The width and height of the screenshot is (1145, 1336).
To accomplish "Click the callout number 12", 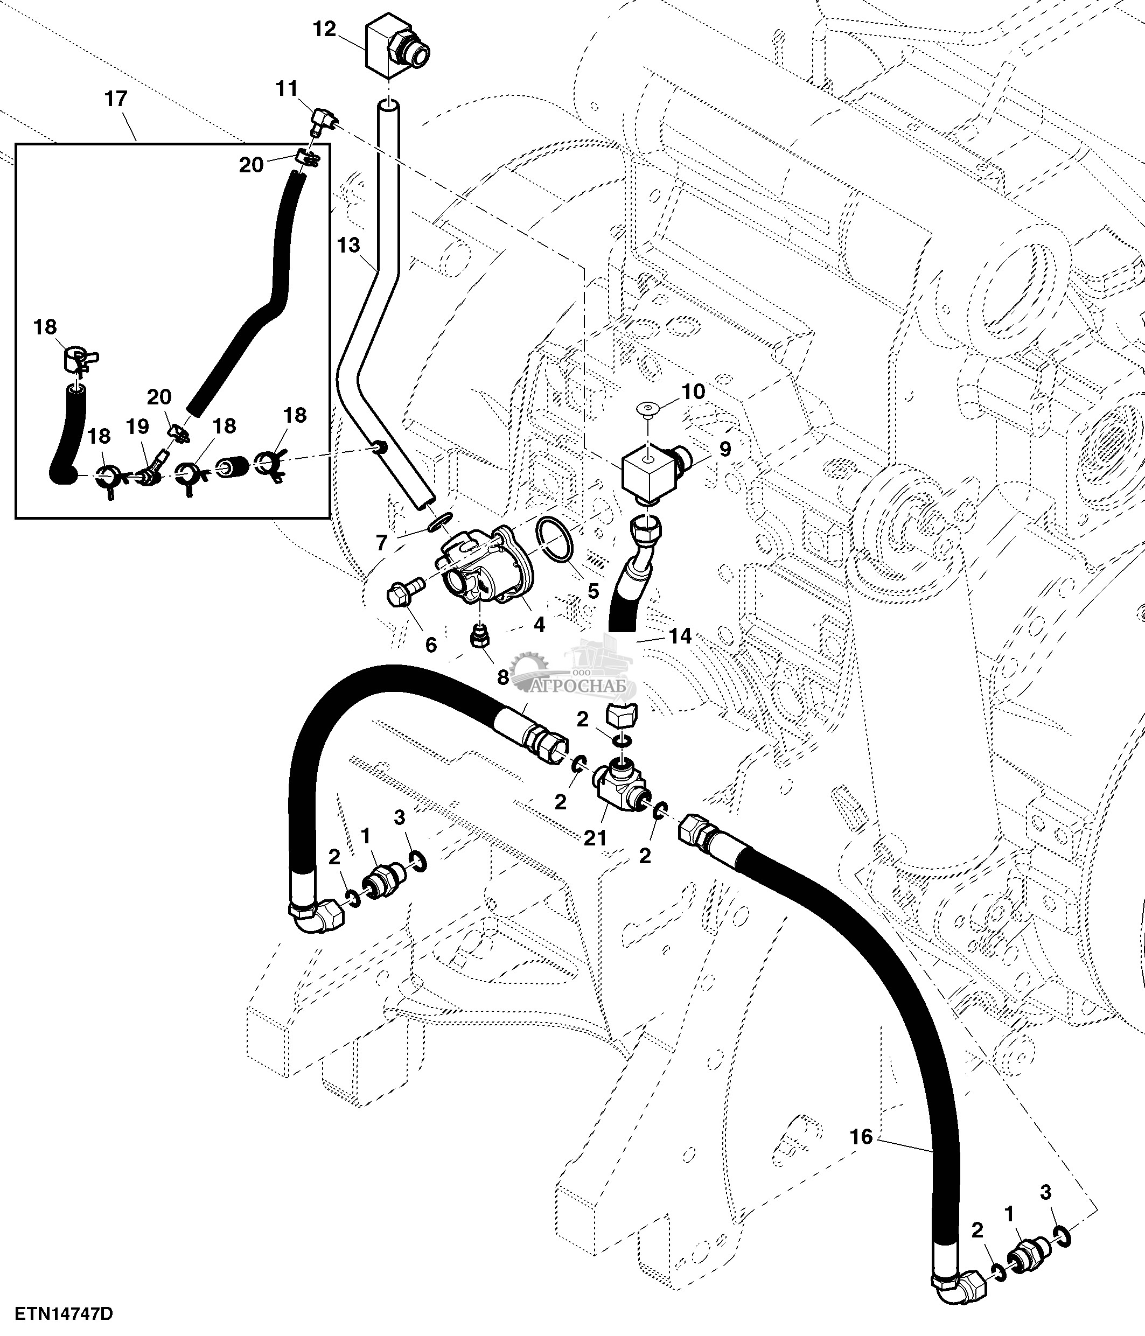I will click(x=325, y=29).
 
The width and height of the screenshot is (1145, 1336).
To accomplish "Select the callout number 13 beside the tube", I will click(x=349, y=245).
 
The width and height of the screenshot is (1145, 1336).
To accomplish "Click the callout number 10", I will click(x=693, y=391).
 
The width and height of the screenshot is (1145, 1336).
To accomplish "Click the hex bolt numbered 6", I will click(x=403, y=590).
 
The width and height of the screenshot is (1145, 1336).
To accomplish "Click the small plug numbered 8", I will click(x=480, y=637).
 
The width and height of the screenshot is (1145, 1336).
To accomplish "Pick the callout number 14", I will click(x=680, y=636).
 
